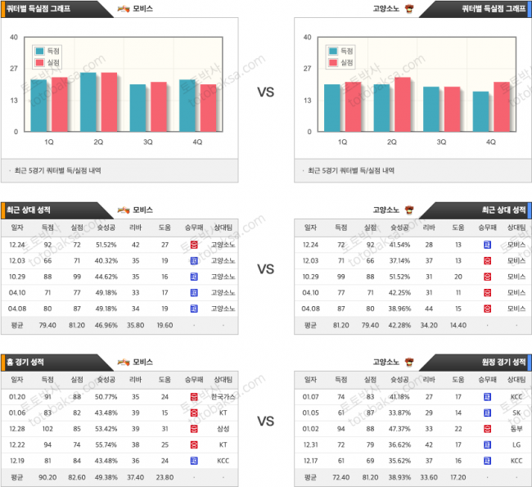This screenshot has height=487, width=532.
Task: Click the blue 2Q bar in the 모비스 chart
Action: (88, 101)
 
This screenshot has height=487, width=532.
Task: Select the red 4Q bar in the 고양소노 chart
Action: (501, 106)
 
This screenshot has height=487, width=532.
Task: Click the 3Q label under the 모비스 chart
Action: (148, 142)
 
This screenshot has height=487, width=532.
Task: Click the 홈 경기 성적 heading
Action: (29, 362)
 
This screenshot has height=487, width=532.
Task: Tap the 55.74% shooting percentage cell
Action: (106, 444)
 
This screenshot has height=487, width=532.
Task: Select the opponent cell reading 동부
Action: (516, 428)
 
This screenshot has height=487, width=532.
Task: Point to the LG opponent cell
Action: (516, 444)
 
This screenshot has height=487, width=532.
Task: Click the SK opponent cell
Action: (516, 413)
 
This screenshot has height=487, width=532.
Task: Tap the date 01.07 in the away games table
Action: (310, 397)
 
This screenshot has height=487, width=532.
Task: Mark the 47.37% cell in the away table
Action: (399, 428)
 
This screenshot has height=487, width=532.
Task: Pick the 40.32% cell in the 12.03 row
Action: (106, 260)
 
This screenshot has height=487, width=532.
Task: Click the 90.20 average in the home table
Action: (47, 476)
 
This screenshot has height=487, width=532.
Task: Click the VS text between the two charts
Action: (265, 93)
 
